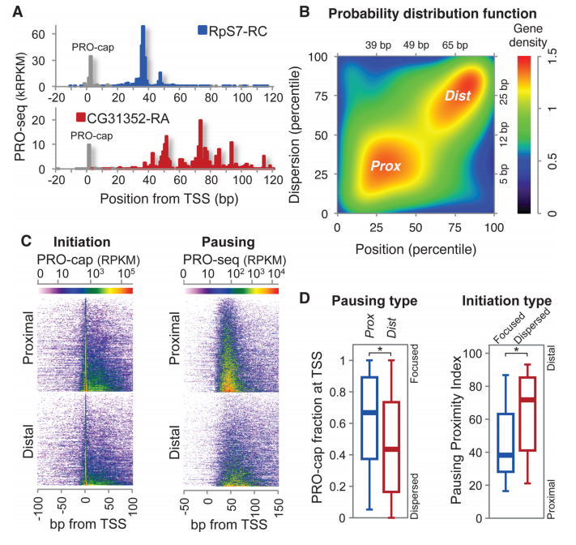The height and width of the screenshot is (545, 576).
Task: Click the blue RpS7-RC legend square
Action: coord(203,30)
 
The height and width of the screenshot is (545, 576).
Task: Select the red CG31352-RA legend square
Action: coord(80,118)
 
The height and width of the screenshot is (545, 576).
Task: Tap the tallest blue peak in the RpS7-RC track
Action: coord(143,55)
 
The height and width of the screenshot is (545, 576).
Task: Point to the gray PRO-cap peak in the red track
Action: coord(89,156)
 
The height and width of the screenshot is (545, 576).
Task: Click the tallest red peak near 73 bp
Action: coord(200,144)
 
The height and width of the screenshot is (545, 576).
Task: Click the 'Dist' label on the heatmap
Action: coord(458,96)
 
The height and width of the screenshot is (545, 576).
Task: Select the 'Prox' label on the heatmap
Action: coord(386,166)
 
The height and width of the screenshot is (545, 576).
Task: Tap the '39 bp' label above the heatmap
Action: coord(378,45)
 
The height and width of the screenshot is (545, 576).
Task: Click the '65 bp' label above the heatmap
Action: coord(454,45)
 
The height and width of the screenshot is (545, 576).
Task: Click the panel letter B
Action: coord(305,12)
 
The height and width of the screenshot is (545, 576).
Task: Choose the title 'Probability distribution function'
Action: coord(433,14)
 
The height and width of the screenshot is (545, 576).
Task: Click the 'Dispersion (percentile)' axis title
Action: coord(294,135)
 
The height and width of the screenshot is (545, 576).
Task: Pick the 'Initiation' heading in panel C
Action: coord(82,242)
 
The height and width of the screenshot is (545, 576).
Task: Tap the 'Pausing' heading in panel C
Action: coord(228,242)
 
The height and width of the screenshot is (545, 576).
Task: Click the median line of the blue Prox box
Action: coord(369,413)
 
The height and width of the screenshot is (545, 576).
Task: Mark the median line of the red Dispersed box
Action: coord(527,400)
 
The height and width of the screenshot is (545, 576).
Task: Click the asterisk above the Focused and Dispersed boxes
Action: coord(517,350)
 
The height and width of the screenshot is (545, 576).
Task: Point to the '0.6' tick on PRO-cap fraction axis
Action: coord(337,423)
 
